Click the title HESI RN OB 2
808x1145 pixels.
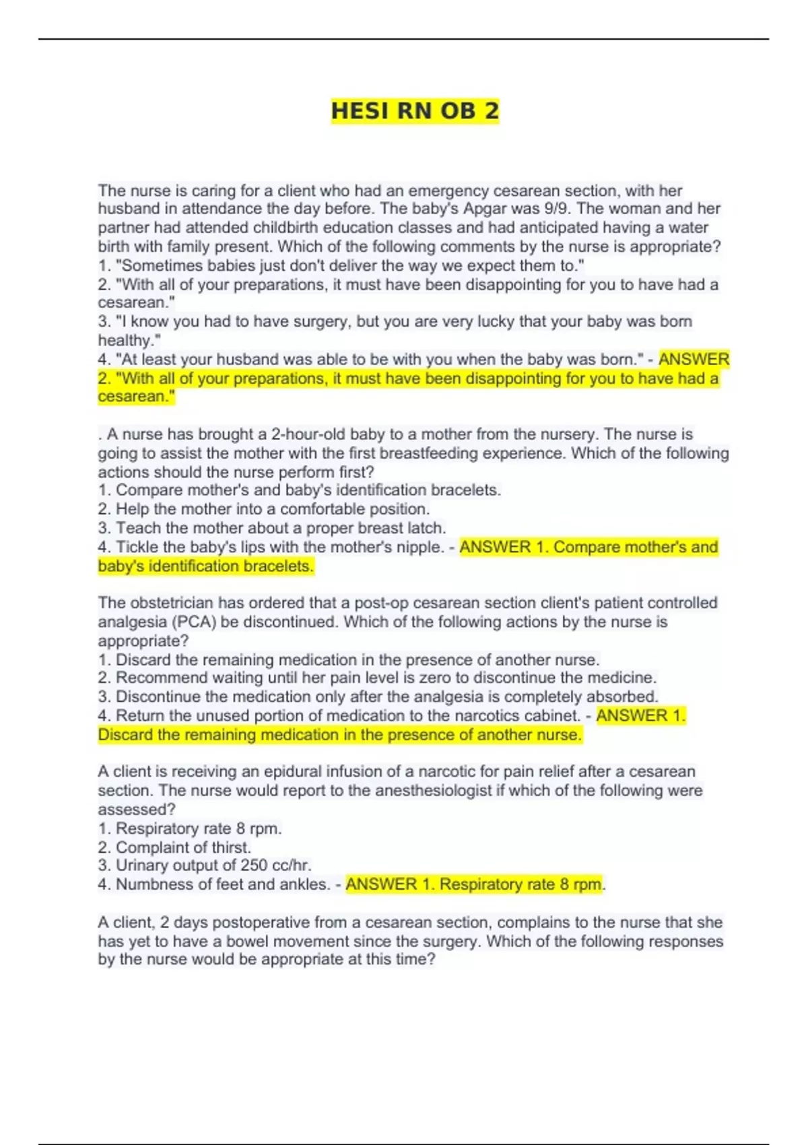[x=415, y=111]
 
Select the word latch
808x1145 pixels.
[x=427, y=528]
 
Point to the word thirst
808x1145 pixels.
[x=230, y=847]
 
